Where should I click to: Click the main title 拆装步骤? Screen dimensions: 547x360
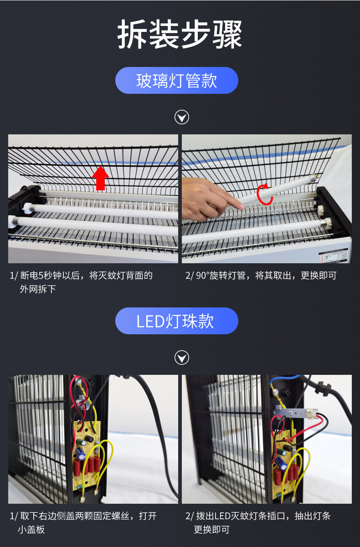(180, 35)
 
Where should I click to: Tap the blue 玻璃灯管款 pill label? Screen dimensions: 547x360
(177, 81)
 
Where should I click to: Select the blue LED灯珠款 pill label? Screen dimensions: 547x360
(177, 321)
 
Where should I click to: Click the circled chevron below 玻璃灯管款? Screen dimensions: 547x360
(182, 118)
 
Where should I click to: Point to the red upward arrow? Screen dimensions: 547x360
(101, 178)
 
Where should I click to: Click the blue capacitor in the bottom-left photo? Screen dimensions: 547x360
(81, 453)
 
